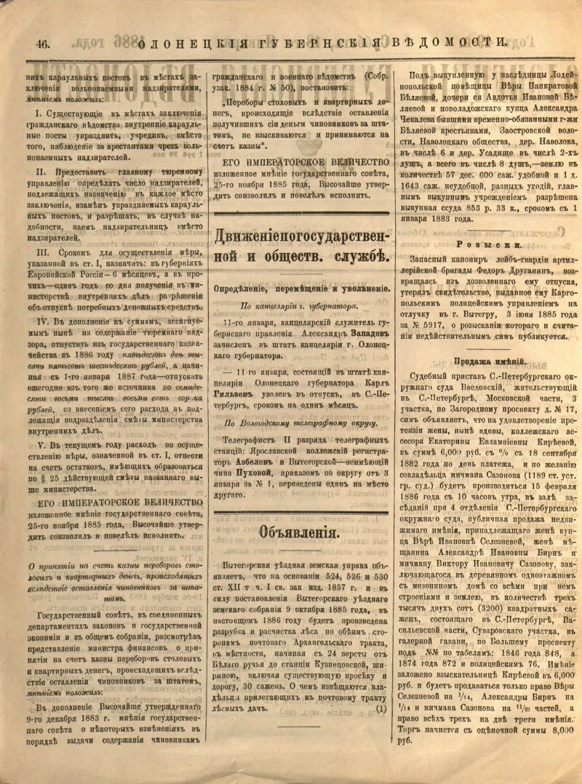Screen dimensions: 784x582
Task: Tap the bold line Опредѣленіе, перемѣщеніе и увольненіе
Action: point(298,287)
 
